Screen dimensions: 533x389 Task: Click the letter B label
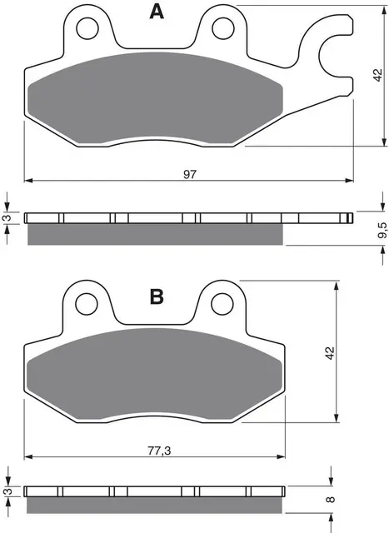coord(155,297)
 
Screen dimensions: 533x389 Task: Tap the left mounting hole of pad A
coord(86,30)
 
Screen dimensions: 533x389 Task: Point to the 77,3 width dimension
coord(152,451)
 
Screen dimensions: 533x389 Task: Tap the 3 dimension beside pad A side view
coord(6,218)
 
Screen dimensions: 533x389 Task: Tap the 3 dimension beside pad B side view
coord(6,492)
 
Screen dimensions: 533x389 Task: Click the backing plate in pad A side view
coord(183,219)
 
